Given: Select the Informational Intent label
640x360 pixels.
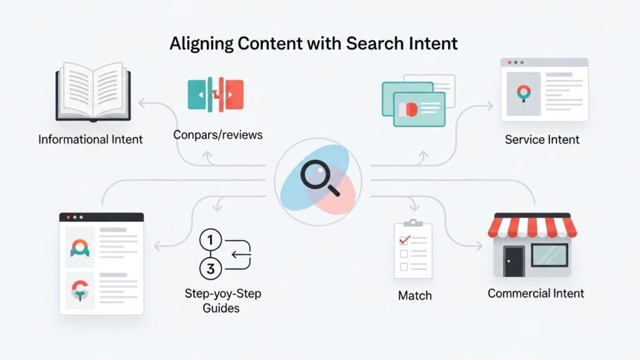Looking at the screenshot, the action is point(91,139).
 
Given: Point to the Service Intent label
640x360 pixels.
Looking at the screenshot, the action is point(542,139).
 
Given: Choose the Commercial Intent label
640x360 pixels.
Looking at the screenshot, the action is point(536,293).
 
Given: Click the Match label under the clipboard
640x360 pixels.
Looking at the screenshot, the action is point(414,295).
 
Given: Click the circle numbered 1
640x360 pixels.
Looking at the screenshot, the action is point(211,240).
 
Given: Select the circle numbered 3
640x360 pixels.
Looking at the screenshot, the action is point(211,269).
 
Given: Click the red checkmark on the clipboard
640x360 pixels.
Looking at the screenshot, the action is point(404,239).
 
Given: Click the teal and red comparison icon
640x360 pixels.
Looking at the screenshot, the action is point(216,94).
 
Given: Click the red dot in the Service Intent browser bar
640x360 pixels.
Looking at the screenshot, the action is point(509,63).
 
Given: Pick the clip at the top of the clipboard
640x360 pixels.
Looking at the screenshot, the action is point(413,222).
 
